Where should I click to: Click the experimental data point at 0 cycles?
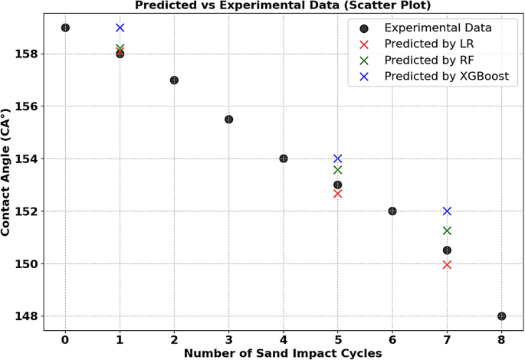[65, 28]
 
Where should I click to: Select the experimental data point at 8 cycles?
[501, 316]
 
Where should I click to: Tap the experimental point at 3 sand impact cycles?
[228, 119]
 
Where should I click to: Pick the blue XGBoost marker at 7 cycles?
[447, 211]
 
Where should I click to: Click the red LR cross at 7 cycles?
[447, 265]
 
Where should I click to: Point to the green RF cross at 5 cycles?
[338, 170]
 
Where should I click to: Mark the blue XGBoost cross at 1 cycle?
[120, 28]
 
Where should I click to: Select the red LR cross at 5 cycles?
[338, 194]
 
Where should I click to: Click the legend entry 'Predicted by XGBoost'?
[446, 77]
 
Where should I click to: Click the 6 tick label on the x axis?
[392, 339]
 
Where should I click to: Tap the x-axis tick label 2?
[174, 339]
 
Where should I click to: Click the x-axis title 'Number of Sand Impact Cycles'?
[283, 353]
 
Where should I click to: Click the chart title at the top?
[283, 5]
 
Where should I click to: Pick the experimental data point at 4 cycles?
[284, 159]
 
